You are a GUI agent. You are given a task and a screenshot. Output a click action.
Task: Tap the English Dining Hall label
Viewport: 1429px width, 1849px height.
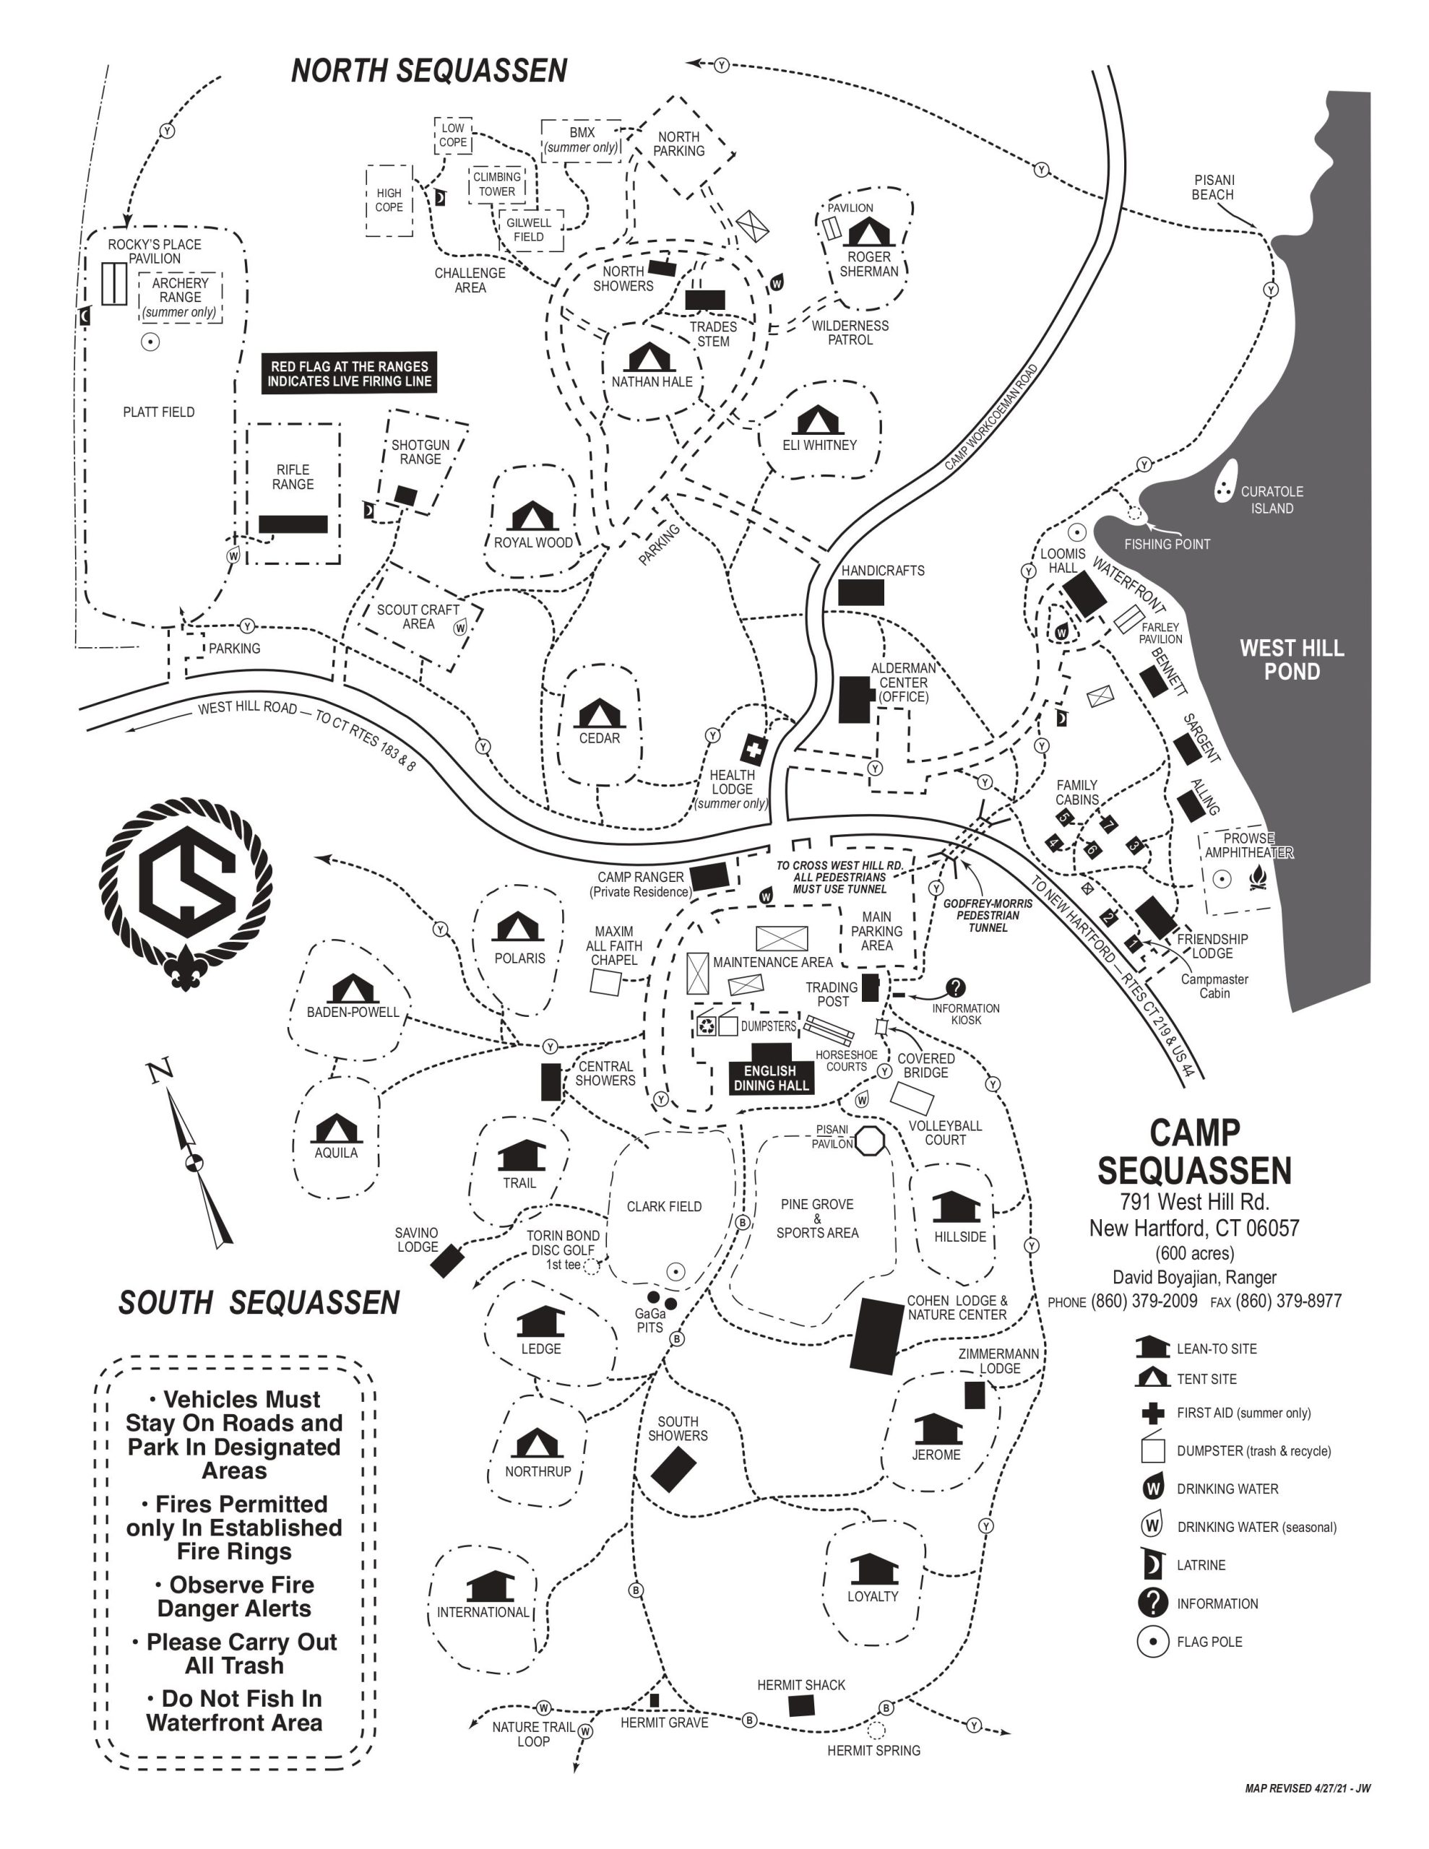tap(771, 1078)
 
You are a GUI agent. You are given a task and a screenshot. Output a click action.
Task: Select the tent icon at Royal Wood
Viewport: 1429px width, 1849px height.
tap(532, 516)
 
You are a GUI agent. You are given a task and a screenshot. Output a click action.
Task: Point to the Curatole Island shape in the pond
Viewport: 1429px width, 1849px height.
tap(1224, 482)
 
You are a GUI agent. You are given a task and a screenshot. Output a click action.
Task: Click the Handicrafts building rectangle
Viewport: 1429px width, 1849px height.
tap(860, 593)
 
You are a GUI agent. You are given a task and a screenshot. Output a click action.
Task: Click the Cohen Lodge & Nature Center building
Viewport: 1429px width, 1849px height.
tap(877, 1337)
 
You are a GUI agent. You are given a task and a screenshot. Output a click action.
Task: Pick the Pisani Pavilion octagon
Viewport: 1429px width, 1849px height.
tap(870, 1141)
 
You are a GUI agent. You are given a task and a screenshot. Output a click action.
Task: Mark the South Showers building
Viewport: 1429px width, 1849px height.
tap(673, 1469)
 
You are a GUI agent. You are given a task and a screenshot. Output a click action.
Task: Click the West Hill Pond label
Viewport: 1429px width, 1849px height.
tap(1291, 659)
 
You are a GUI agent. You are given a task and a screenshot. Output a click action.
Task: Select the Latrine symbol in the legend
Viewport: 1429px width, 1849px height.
tap(1152, 1564)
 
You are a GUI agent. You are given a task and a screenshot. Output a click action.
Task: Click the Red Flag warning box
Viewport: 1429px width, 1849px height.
tap(349, 373)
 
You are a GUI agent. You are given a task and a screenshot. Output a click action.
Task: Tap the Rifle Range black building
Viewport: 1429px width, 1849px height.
tap(293, 524)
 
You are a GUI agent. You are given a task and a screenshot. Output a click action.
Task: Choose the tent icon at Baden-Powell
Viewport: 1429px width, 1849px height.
tap(353, 989)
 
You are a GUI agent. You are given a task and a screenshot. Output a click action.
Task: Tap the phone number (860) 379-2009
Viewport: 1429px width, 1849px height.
tap(1144, 1302)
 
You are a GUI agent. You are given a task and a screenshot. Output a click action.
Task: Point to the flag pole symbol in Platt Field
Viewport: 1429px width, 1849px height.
tap(150, 342)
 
